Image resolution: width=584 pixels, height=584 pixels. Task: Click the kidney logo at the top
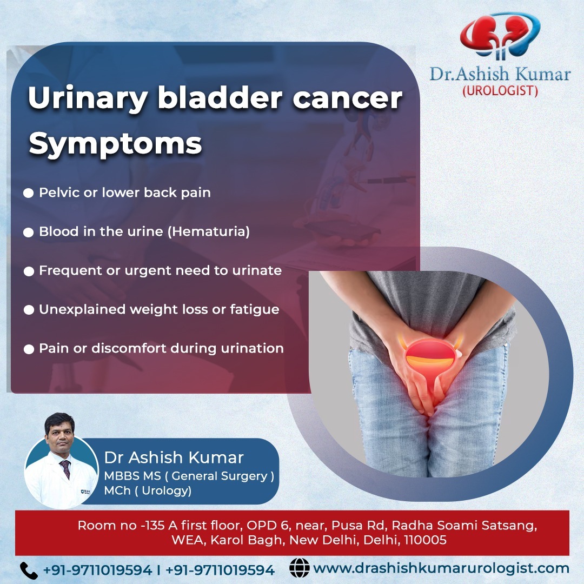tap(500, 36)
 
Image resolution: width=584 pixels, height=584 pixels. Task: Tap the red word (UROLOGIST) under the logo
tap(500, 91)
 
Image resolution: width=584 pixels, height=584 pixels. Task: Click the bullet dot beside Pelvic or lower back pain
tap(28, 193)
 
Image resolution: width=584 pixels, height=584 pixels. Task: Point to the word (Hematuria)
tap(209, 231)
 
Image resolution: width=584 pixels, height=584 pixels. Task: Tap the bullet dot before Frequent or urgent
tap(29, 271)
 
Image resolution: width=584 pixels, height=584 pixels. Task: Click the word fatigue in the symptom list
tap(254, 309)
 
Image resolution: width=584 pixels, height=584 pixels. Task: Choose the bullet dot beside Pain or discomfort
tap(29, 349)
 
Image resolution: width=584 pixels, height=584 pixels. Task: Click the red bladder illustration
tap(430, 356)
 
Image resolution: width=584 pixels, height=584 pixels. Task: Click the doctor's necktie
tap(66, 469)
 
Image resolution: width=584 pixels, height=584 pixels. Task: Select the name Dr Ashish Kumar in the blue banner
tap(174, 457)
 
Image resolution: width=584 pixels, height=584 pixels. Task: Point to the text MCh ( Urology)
tap(148, 490)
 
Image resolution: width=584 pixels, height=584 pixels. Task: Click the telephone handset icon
tap(29, 570)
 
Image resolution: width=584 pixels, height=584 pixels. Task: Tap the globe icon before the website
tap(300, 568)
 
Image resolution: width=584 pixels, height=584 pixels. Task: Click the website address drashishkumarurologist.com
tap(441, 568)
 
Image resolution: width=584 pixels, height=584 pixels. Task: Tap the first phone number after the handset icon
tap(97, 570)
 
